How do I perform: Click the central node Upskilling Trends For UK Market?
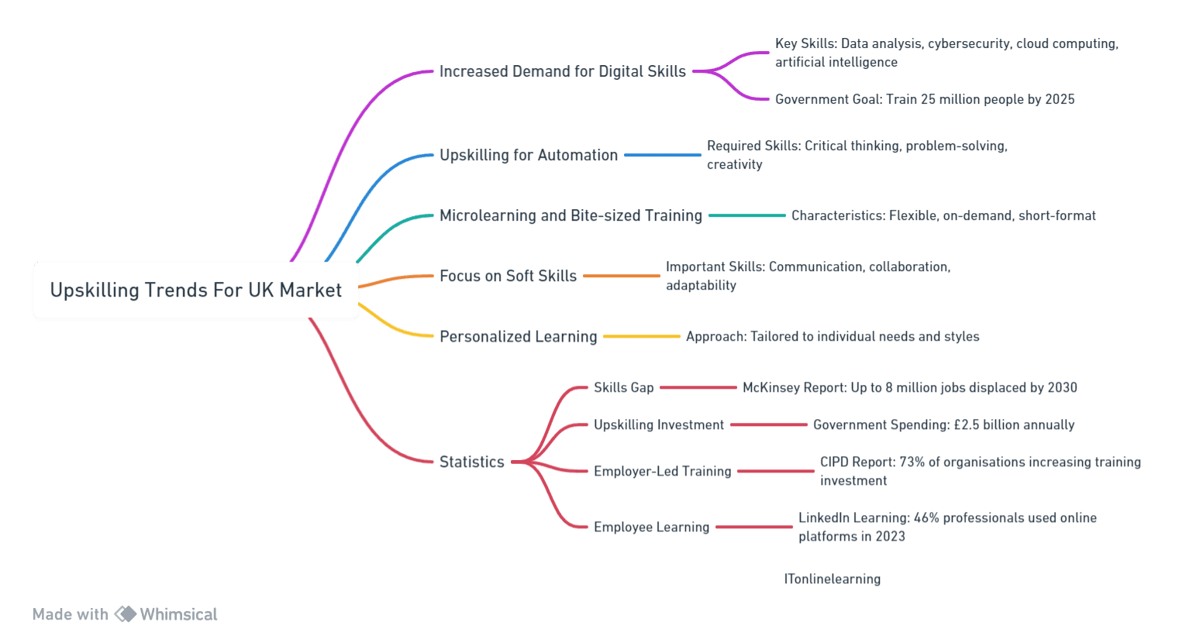click(x=196, y=290)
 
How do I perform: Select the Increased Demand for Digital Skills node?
click(x=562, y=71)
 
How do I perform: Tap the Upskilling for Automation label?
click(x=529, y=155)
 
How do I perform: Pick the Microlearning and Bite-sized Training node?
click(x=571, y=215)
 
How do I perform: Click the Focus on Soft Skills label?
click(x=508, y=276)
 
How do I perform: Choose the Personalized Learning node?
click(x=519, y=336)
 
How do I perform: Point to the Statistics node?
click(x=472, y=462)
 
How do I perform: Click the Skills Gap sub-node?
click(x=624, y=388)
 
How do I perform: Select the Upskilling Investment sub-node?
click(x=659, y=424)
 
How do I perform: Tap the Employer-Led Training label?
click(x=662, y=472)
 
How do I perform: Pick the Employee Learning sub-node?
click(x=651, y=527)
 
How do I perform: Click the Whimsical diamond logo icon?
click(x=126, y=614)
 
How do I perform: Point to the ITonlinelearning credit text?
click(x=833, y=579)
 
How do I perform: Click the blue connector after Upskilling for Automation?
click(x=662, y=155)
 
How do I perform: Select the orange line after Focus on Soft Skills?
click(x=622, y=276)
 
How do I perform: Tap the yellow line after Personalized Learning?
click(x=642, y=336)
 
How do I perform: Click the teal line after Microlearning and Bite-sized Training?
click(x=747, y=215)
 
